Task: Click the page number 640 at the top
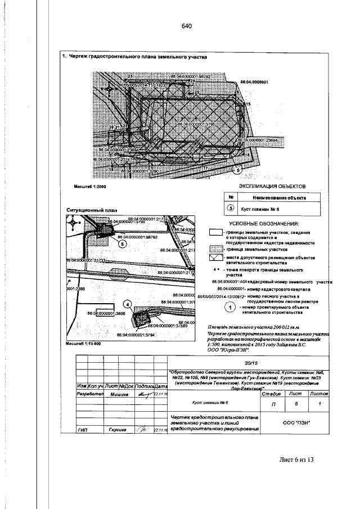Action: pos(187,26)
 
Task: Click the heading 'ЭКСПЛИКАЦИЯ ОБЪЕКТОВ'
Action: pos(268,185)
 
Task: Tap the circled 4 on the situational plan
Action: pos(128,304)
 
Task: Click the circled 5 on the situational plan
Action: pos(122,244)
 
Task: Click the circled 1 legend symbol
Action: pos(229,307)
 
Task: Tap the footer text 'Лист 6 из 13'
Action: pos(296,460)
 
